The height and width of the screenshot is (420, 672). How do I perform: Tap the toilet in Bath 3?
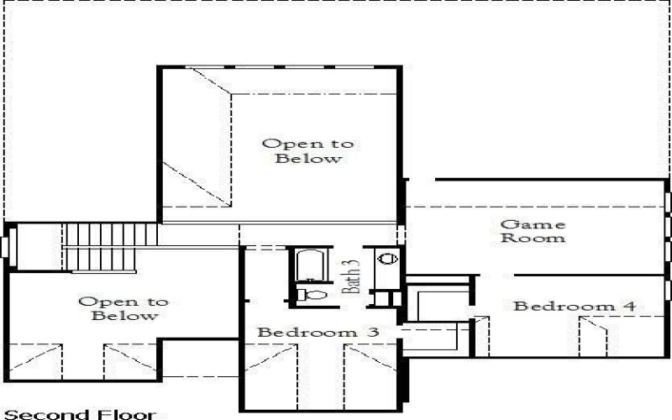(310, 294)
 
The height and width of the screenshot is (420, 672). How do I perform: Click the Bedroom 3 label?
(318, 333)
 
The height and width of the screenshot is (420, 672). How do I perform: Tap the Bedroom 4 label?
(575, 306)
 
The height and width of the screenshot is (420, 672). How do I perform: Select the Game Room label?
(533, 231)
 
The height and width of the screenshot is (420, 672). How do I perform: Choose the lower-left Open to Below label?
(123, 308)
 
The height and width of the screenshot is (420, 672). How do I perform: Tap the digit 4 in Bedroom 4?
(629, 306)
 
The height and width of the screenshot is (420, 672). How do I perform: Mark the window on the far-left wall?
(4, 246)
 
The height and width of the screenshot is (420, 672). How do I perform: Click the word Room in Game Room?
(533, 239)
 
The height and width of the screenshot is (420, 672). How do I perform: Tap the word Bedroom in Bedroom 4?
(564, 306)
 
